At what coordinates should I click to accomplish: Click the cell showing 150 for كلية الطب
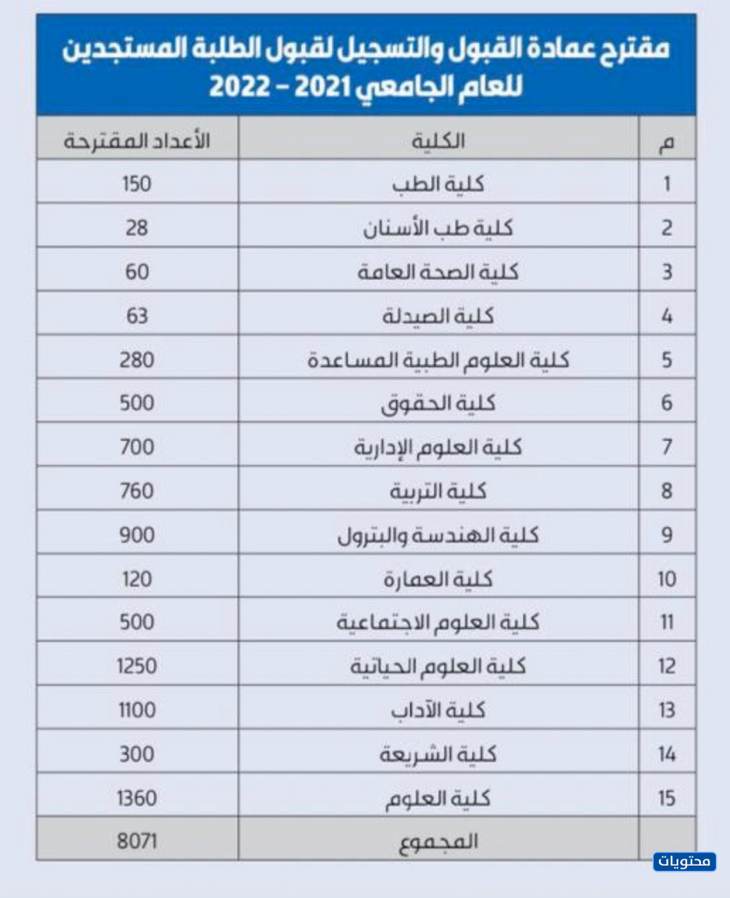click(x=137, y=184)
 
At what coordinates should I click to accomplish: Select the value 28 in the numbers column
click(x=137, y=228)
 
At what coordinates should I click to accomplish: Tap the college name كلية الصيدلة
click(x=438, y=316)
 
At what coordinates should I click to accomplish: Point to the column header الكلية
click(x=438, y=140)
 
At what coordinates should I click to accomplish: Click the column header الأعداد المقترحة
click(x=137, y=140)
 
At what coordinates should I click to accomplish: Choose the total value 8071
click(x=137, y=841)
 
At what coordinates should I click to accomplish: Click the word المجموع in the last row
click(x=438, y=841)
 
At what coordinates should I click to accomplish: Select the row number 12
click(x=666, y=666)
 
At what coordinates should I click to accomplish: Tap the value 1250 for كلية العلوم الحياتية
click(x=137, y=666)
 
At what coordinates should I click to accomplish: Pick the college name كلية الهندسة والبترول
click(x=438, y=535)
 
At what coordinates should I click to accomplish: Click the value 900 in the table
click(x=137, y=535)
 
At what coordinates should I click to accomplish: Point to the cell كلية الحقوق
click(x=438, y=403)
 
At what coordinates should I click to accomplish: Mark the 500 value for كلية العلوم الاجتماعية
click(x=137, y=623)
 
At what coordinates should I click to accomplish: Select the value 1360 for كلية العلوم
click(x=137, y=798)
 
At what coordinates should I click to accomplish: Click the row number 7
click(x=666, y=447)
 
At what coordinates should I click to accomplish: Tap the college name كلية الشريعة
click(x=438, y=754)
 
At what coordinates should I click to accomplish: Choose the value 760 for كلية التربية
click(x=137, y=491)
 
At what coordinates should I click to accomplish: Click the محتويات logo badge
click(x=684, y=861)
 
